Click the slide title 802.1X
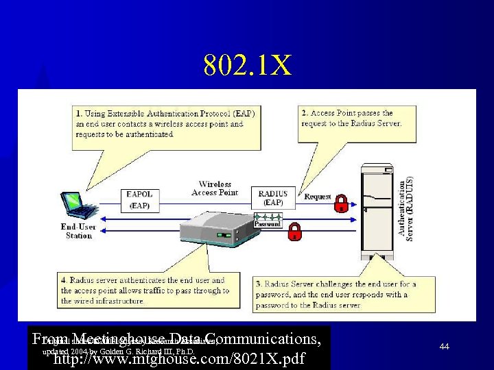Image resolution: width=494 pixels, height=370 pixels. pyautogui.click(x=247, y=66)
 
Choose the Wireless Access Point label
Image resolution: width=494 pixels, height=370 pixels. pyautogui.click(x=214, y=188)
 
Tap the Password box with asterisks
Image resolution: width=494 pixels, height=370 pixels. pyautogui.click(x=267, y=221)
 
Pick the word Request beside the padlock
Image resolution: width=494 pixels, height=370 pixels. pyautogui.click(x=318, y=197)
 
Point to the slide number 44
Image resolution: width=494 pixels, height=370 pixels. pyautogui.click(x=444, y=347)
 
